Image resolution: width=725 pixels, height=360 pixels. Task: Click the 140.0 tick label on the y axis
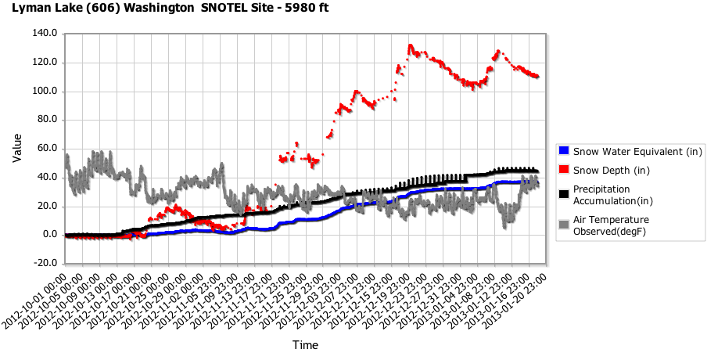46,34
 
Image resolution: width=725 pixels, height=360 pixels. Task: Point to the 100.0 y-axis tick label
46,92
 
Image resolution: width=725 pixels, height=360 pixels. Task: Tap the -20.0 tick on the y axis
46,264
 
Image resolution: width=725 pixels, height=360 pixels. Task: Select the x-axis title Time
305,344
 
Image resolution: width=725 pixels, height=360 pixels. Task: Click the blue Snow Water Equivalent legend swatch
563,151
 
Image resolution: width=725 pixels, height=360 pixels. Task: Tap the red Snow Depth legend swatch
563,170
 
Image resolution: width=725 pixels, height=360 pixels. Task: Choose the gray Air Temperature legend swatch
563,225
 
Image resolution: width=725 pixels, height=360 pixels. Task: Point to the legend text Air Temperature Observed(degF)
611,225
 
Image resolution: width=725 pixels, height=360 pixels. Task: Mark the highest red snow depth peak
410,46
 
